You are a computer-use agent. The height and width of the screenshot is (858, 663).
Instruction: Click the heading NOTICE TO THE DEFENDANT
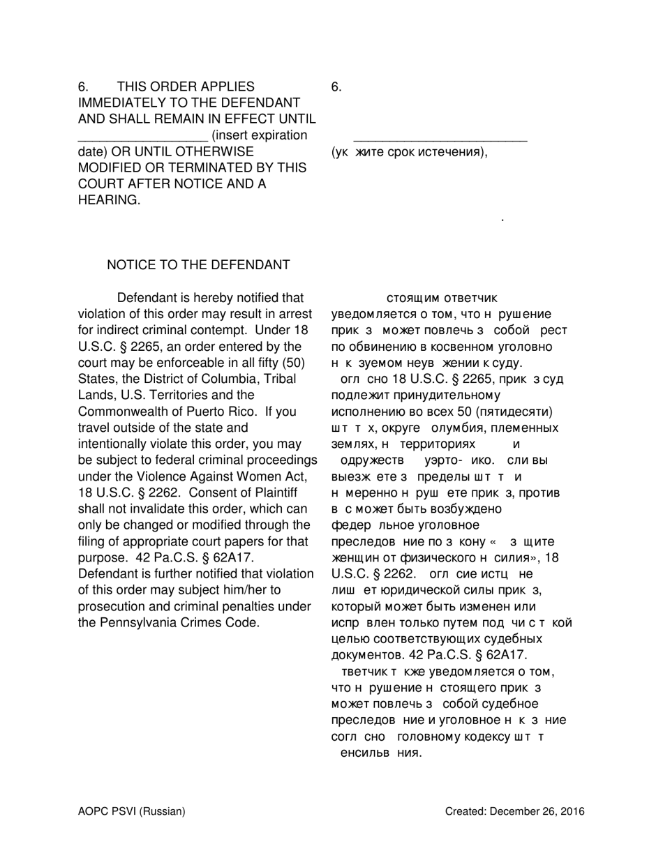click(x=198, y=265)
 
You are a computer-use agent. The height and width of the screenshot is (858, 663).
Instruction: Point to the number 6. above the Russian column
click(x=336, y=87)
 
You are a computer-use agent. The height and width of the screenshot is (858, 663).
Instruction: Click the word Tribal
click(x=278, y=379)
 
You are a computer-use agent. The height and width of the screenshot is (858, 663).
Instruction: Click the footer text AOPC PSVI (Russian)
click(x=131, y=811)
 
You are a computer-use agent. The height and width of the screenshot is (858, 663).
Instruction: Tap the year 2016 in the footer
click(x=572, y=811)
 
